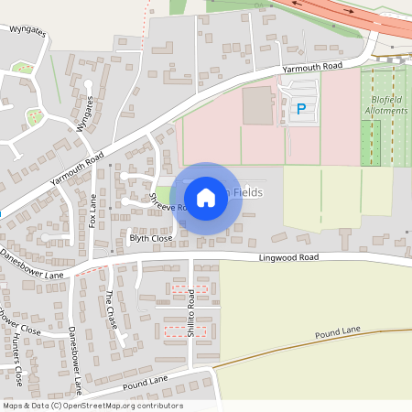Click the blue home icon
point(206,197)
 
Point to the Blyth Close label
point(151,238)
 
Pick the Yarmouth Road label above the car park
point(312,67)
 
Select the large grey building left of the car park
point(257,106)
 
